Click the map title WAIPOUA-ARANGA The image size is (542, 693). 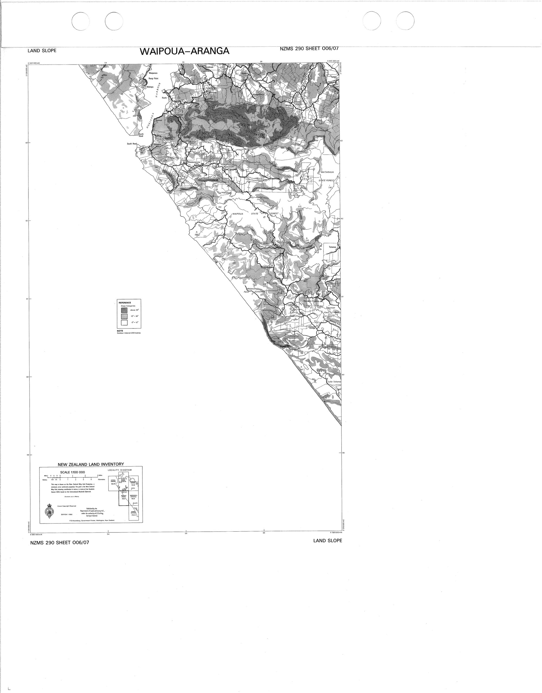185,51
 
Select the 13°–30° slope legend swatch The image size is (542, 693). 124,316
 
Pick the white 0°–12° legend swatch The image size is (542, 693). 124,323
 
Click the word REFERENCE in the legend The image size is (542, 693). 125,303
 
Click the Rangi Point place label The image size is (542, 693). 154,78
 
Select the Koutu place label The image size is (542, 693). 164,98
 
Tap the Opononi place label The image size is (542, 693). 159,120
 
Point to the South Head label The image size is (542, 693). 132,144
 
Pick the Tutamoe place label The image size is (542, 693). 332,247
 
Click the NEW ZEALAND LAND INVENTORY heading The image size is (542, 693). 91,464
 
